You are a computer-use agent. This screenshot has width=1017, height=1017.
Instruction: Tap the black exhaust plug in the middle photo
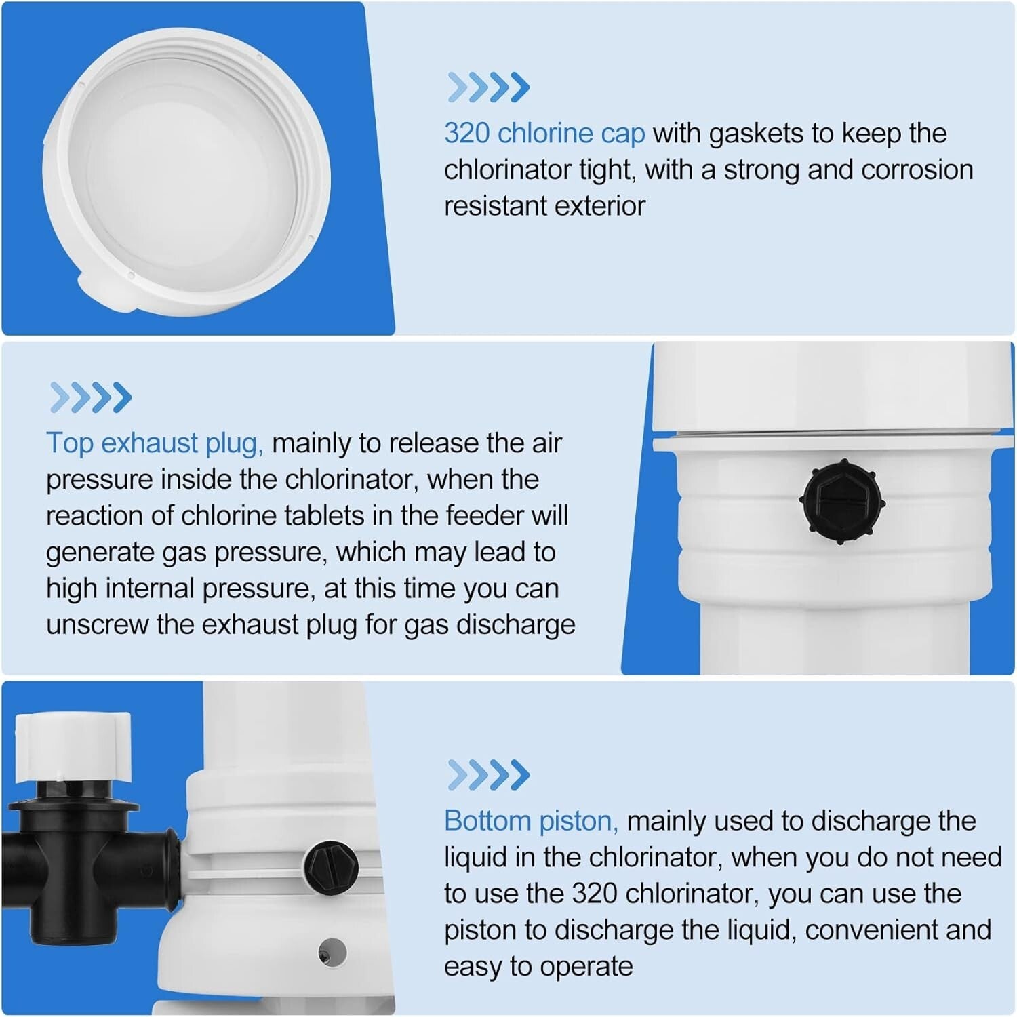pyautogui.click(x=843, y=502)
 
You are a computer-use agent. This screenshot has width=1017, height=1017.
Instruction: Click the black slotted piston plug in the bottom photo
pyautogui.click(x=331, y=866)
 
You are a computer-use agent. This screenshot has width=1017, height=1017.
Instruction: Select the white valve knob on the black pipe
pyautogui.click(x=73, y=746)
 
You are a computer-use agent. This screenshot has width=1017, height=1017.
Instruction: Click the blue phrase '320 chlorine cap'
pyautogui.click(x=544, y=134)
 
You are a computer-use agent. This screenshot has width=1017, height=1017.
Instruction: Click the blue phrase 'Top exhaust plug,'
pyautogui.click(x=155, y=443)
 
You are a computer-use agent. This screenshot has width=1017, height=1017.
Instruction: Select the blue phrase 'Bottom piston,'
pyautogui.click(x=531, y=821)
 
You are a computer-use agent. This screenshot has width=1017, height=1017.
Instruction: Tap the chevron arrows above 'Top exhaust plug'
pyautogui.click(x=90, y=397)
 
